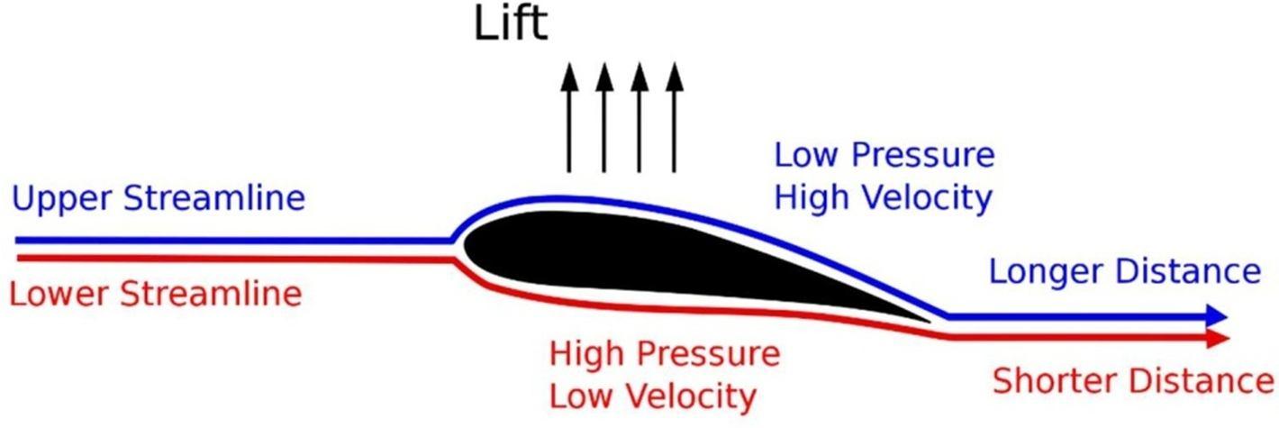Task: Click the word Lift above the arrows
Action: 511,24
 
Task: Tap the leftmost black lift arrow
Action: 568,117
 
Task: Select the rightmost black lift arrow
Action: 673,117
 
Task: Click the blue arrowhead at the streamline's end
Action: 1216,316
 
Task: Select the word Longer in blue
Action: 1044,271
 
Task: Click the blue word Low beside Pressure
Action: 804,156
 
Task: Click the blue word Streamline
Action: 213,198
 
